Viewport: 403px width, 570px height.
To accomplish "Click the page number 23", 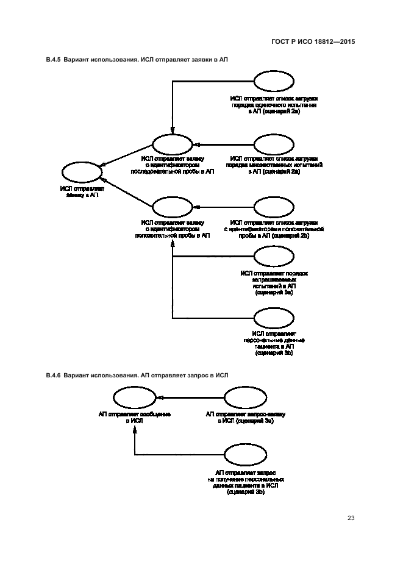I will (x=351, y=519).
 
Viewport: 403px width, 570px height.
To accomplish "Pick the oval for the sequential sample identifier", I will (x=173, y=144).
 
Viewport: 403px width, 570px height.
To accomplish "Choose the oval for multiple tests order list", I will (x=274, y=144).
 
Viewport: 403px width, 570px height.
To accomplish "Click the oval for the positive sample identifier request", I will (x=173, y=207).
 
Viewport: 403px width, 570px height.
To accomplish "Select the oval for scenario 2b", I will (x=274, y=207).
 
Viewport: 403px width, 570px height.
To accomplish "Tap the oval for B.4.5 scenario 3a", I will (x=274, y=256).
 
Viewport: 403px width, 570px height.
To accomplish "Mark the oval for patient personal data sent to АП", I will (x=274, y=318).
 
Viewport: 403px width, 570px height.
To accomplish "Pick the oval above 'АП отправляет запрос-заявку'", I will (x=245, y=398).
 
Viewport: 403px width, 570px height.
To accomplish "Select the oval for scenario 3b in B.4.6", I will (x=245, y=455).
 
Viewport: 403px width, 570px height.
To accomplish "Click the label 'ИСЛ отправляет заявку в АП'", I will (x=82, y=192).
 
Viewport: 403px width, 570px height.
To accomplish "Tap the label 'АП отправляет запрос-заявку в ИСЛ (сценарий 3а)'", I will (x=245, y=418).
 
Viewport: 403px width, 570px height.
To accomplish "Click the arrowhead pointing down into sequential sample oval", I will (x=173, y=129).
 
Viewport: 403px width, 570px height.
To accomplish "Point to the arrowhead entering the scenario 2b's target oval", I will (x=197, y=207).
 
